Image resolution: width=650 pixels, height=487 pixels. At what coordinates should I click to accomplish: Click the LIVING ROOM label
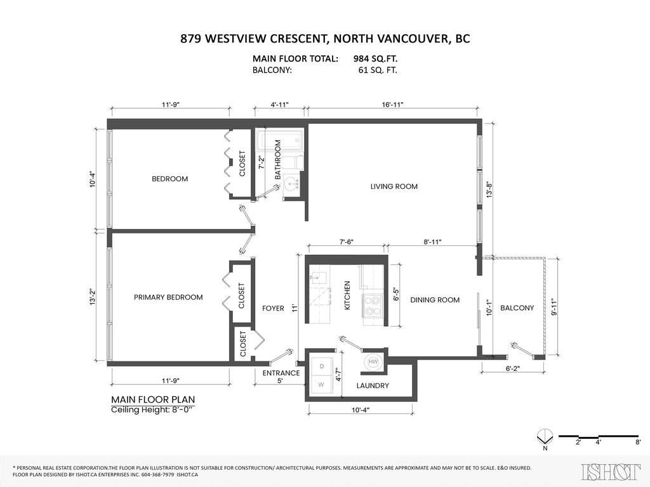point(394,186)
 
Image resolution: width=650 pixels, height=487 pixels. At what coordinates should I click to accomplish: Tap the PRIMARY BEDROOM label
point(168,297)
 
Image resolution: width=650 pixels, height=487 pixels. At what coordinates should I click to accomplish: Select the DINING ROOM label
point(435,300)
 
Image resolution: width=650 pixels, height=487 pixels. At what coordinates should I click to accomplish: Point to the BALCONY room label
point(517,308)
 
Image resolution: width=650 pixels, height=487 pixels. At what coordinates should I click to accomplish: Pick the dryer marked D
point(321,367)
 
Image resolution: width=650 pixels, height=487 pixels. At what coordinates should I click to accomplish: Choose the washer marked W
point(321,385)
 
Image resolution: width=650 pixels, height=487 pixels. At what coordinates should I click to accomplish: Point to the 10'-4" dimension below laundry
point(361,410)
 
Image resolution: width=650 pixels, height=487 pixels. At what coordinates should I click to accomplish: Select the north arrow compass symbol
point(543,436)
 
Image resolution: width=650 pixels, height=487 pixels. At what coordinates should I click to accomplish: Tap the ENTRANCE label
point(281,373)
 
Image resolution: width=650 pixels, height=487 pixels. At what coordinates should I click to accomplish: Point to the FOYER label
point(273,309)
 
